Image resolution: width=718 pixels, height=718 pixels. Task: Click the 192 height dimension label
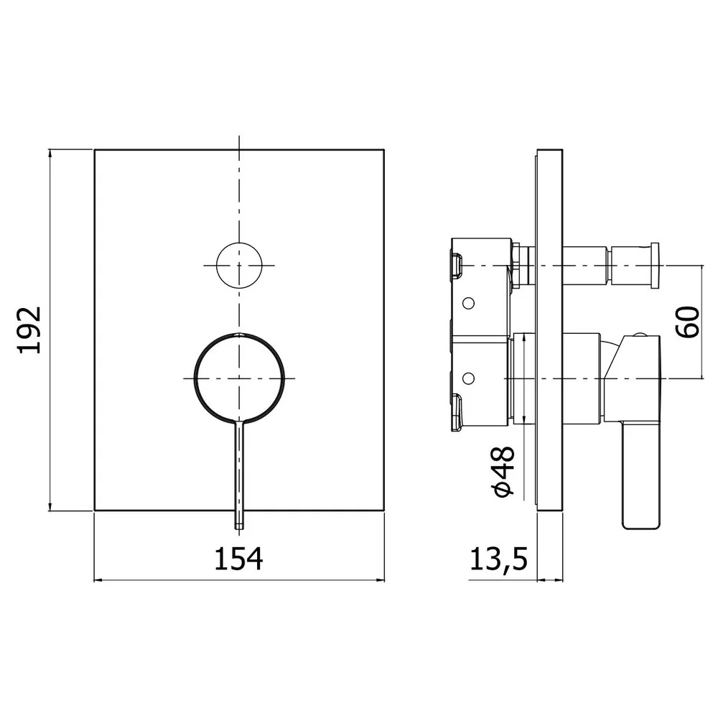click(29, 330)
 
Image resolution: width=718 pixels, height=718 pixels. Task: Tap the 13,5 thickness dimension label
click(499, 559)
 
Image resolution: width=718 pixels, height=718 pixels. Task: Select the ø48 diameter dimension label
click(503, 472)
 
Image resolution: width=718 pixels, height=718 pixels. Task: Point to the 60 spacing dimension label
click(688, 322)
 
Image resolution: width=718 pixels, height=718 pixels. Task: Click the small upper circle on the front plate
click(239, 266)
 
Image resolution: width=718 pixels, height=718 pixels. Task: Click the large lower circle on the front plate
click(239, 378)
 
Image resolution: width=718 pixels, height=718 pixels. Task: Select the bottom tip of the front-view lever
click(239, 529)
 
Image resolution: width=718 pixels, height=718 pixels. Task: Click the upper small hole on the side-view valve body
click(468, 303)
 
